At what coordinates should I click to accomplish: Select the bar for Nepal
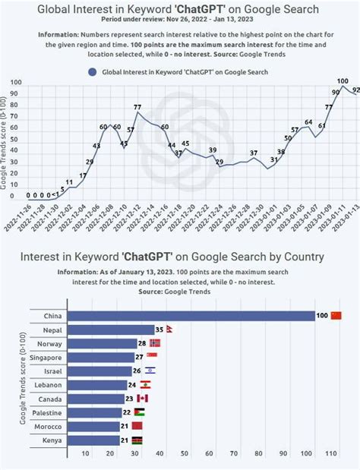110,330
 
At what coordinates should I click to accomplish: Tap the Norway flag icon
155,343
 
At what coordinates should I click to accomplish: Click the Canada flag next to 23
142,398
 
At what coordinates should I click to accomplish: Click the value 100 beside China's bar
322,316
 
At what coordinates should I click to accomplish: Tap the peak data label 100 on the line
343,81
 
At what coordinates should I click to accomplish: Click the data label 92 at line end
355,90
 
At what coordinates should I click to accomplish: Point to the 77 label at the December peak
137,108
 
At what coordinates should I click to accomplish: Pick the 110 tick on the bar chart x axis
331,454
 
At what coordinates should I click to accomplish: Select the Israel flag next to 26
150,371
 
